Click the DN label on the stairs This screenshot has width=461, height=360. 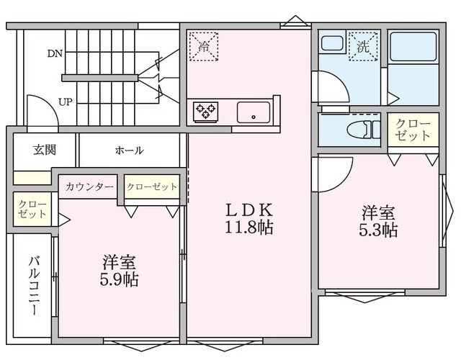(x=55, y=53)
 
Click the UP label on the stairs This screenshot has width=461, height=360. (x=64, y=102)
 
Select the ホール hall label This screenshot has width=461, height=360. (x=129, y=150)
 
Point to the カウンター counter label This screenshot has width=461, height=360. (x=89, y=187)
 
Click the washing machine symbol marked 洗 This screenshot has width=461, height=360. (x=362, y=46)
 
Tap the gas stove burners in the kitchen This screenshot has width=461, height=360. (x=205, y=112)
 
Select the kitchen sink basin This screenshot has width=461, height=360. (x=254, y=112)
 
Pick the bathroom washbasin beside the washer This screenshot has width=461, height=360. (x=332, y=45)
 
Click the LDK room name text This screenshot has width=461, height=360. (x=249, y=210)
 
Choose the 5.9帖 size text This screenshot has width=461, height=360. (x=120, y=279)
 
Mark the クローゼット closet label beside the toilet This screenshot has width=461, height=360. (x=413, y=130)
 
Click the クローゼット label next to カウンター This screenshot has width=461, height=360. (x=152, y=187)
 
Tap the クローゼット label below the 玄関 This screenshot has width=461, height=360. (x=32, y=210)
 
